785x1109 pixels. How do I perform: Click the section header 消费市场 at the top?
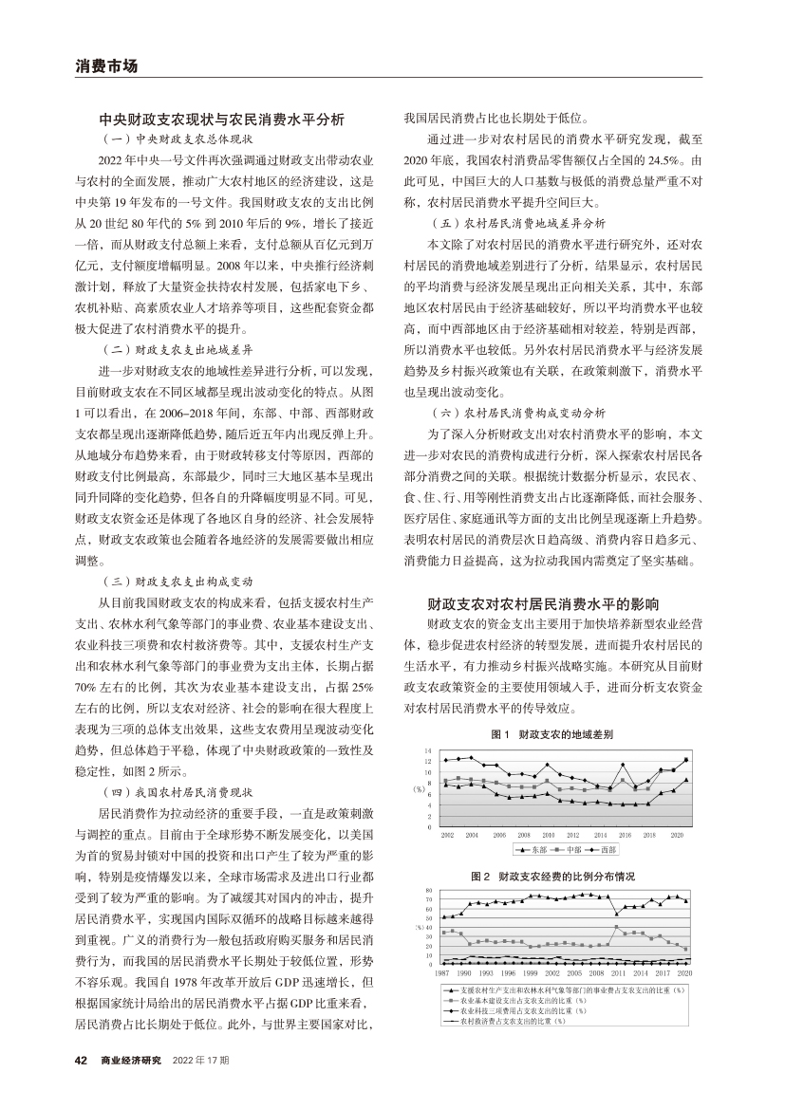[106, 66]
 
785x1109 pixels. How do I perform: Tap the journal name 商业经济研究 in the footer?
[131, 1059]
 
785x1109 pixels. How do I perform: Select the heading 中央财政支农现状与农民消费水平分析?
[221, 120]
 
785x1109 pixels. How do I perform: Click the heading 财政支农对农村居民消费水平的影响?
[542, 603]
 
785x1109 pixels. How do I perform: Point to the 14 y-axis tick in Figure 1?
[429, 750]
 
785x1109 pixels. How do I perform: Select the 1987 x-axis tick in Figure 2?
[443, 973]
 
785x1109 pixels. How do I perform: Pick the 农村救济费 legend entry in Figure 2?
[512, 1021]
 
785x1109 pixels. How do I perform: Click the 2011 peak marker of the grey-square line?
[618, 927]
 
